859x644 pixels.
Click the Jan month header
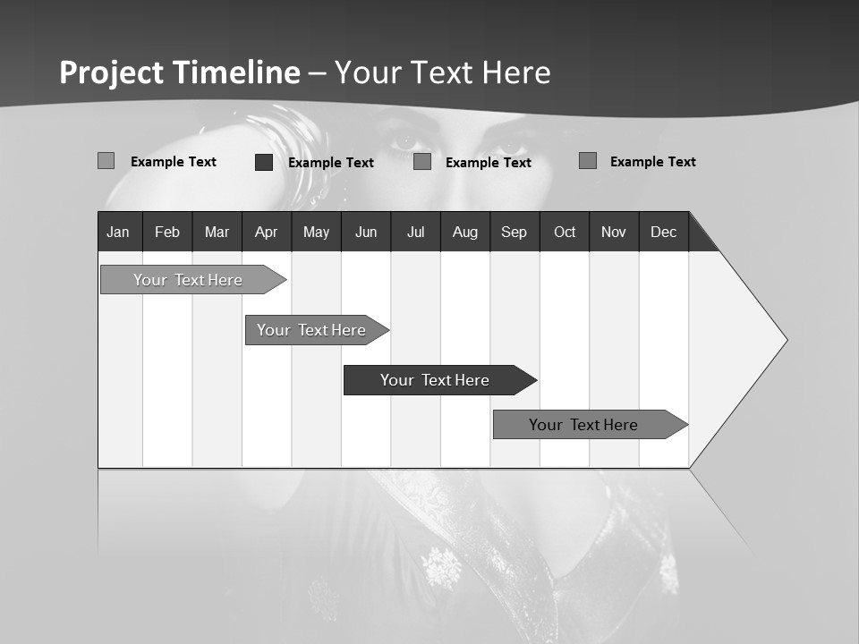[119, 232]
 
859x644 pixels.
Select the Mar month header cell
[217, 232]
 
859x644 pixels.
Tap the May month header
[316, 232]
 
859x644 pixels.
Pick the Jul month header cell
[415, 232]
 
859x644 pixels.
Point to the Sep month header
[514, 232]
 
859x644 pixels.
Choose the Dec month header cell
[663, 232]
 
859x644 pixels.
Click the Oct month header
[565, 232]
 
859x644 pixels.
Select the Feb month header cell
[167, 232]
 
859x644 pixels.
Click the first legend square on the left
[106, 161]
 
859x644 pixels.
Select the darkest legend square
[264, 162]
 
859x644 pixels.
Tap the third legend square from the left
[422, 162]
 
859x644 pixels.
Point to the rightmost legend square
[588, 161]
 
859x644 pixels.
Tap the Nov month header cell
[614, 232]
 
